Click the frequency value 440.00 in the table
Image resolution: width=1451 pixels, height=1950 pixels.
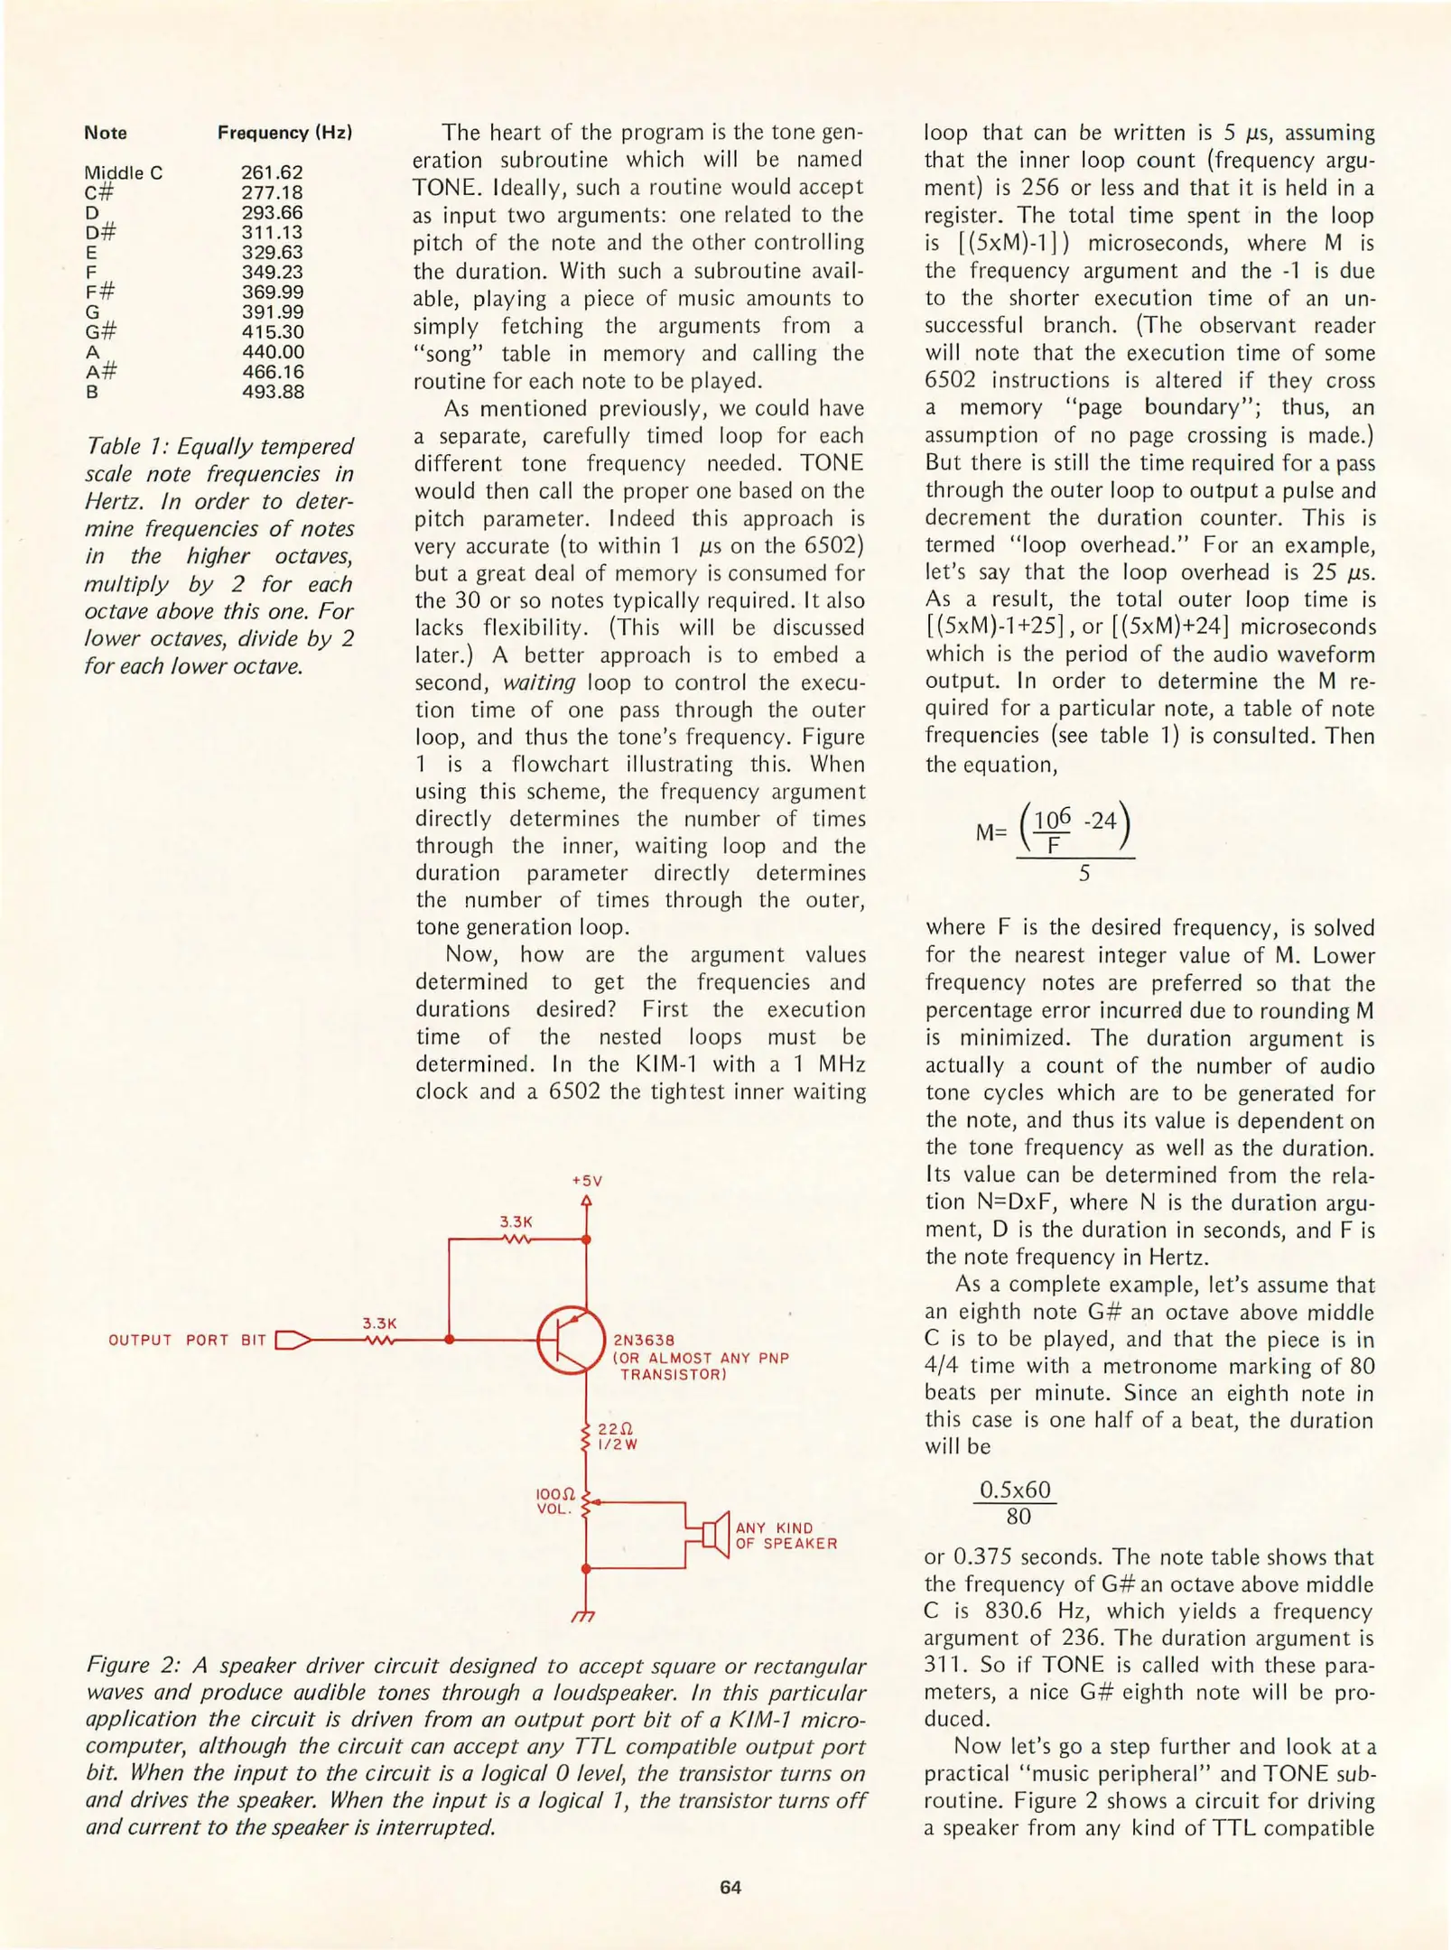[x=273, y=352]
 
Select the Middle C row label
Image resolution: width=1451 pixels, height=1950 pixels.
[x=124, y=172]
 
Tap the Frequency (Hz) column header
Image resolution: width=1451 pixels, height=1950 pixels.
[x=284, y=133]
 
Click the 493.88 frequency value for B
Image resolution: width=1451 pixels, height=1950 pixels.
[x=273, y=392]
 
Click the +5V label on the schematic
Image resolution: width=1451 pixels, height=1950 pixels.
[x=587, y=1181]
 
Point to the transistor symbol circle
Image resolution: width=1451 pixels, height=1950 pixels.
[x=571, y=1341]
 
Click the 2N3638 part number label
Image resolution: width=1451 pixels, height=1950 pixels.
[x=644, y=1341]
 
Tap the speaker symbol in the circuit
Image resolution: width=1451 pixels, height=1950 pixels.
[x=717, y=1534]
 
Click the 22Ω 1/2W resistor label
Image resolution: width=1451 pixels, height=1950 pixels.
[x=618, y=1436]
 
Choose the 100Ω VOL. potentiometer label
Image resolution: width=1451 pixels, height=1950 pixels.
[x=555, y=1502]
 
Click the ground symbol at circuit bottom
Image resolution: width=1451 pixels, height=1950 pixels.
[x=585, y=1615]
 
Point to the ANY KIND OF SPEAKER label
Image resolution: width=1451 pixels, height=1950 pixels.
[x=786, y=1536]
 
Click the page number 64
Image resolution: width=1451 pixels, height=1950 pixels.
[x=730, y=1888]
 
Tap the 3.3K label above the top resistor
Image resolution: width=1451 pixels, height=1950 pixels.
[x=516, y=1221]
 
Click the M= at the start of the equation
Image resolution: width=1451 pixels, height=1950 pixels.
[x=991, y=832]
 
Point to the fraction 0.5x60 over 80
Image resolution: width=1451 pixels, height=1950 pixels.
[x=1017, y=1503]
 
